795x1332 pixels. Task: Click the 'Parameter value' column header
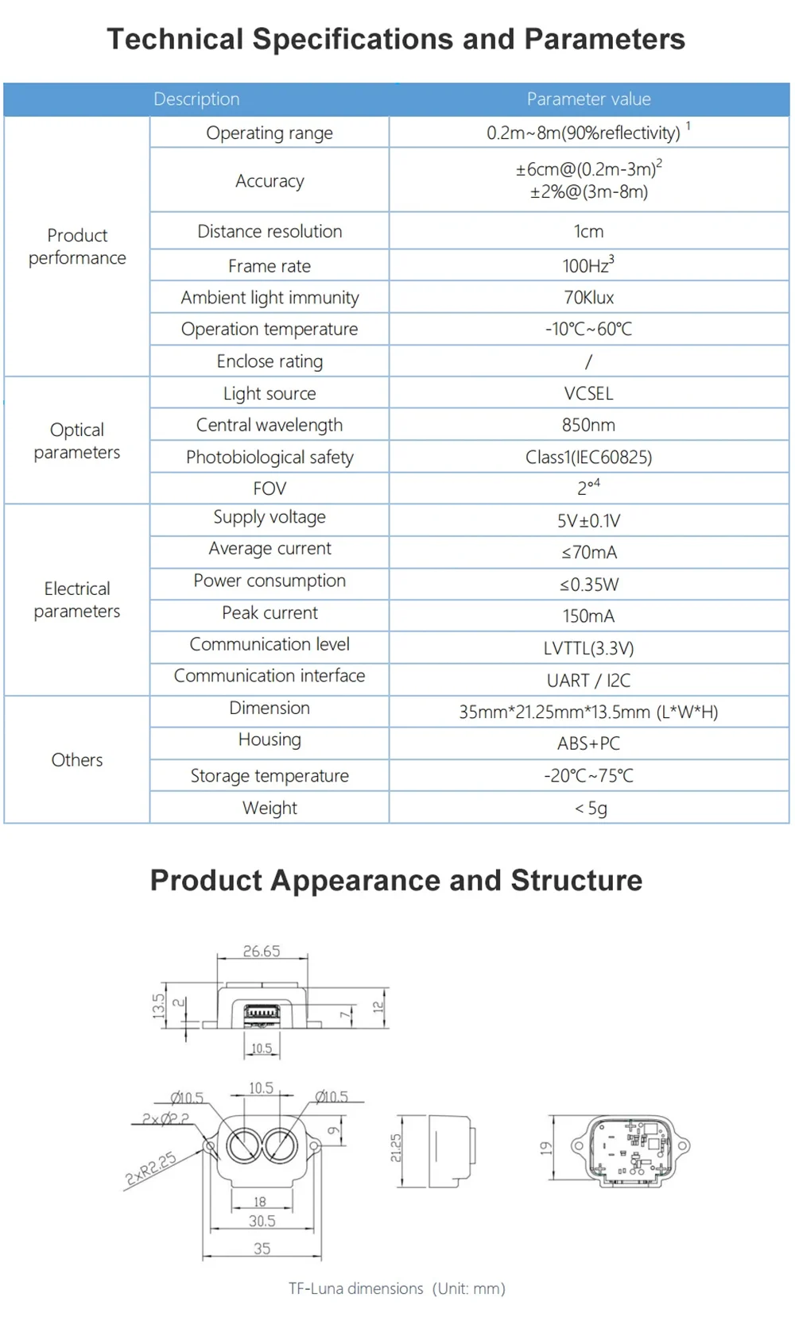[x=588, y=99]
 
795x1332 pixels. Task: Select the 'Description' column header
[x=196, y=99]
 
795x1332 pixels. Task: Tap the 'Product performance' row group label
[x=77, y=246]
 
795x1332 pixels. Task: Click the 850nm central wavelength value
[x=588, y=425]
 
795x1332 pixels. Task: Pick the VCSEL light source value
[x=588, y=393]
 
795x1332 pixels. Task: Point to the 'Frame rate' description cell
[x=270, y=266]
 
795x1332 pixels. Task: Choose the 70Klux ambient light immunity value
[x=588, y=298]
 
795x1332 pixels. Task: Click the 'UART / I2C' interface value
[x=588, y=681]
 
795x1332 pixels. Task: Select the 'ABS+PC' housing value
[x=588, y=743]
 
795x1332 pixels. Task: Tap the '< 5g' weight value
[x=591, y=809]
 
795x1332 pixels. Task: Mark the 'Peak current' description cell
[x=270, y=613]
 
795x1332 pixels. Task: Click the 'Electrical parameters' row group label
[x=77, y=600]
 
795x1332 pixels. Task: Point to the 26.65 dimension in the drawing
[x=262, y=951]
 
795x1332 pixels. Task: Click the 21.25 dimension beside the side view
[x=396, y=1148]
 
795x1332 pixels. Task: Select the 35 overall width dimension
[x=262, y=1249]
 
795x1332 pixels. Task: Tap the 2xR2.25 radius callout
[x=151, y=1169]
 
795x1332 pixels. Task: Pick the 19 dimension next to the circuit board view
[x=545, y=1149]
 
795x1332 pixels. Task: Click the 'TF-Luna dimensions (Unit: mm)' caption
[x=397, y=1288]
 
